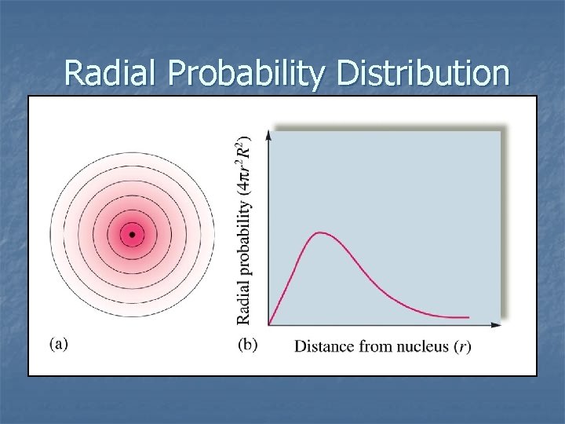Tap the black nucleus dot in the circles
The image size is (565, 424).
click(132, 234)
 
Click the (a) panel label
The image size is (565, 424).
click(59, 344)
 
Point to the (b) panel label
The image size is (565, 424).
click(247, 344)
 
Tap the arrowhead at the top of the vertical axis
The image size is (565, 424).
click(269, 133)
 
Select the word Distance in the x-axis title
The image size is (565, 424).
click(324, 346)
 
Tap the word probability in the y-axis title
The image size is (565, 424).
click(244, 239)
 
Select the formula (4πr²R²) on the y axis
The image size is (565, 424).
click(244, 166)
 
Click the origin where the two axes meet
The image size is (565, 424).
click(269, 324)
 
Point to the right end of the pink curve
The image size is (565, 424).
click(468, 317)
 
